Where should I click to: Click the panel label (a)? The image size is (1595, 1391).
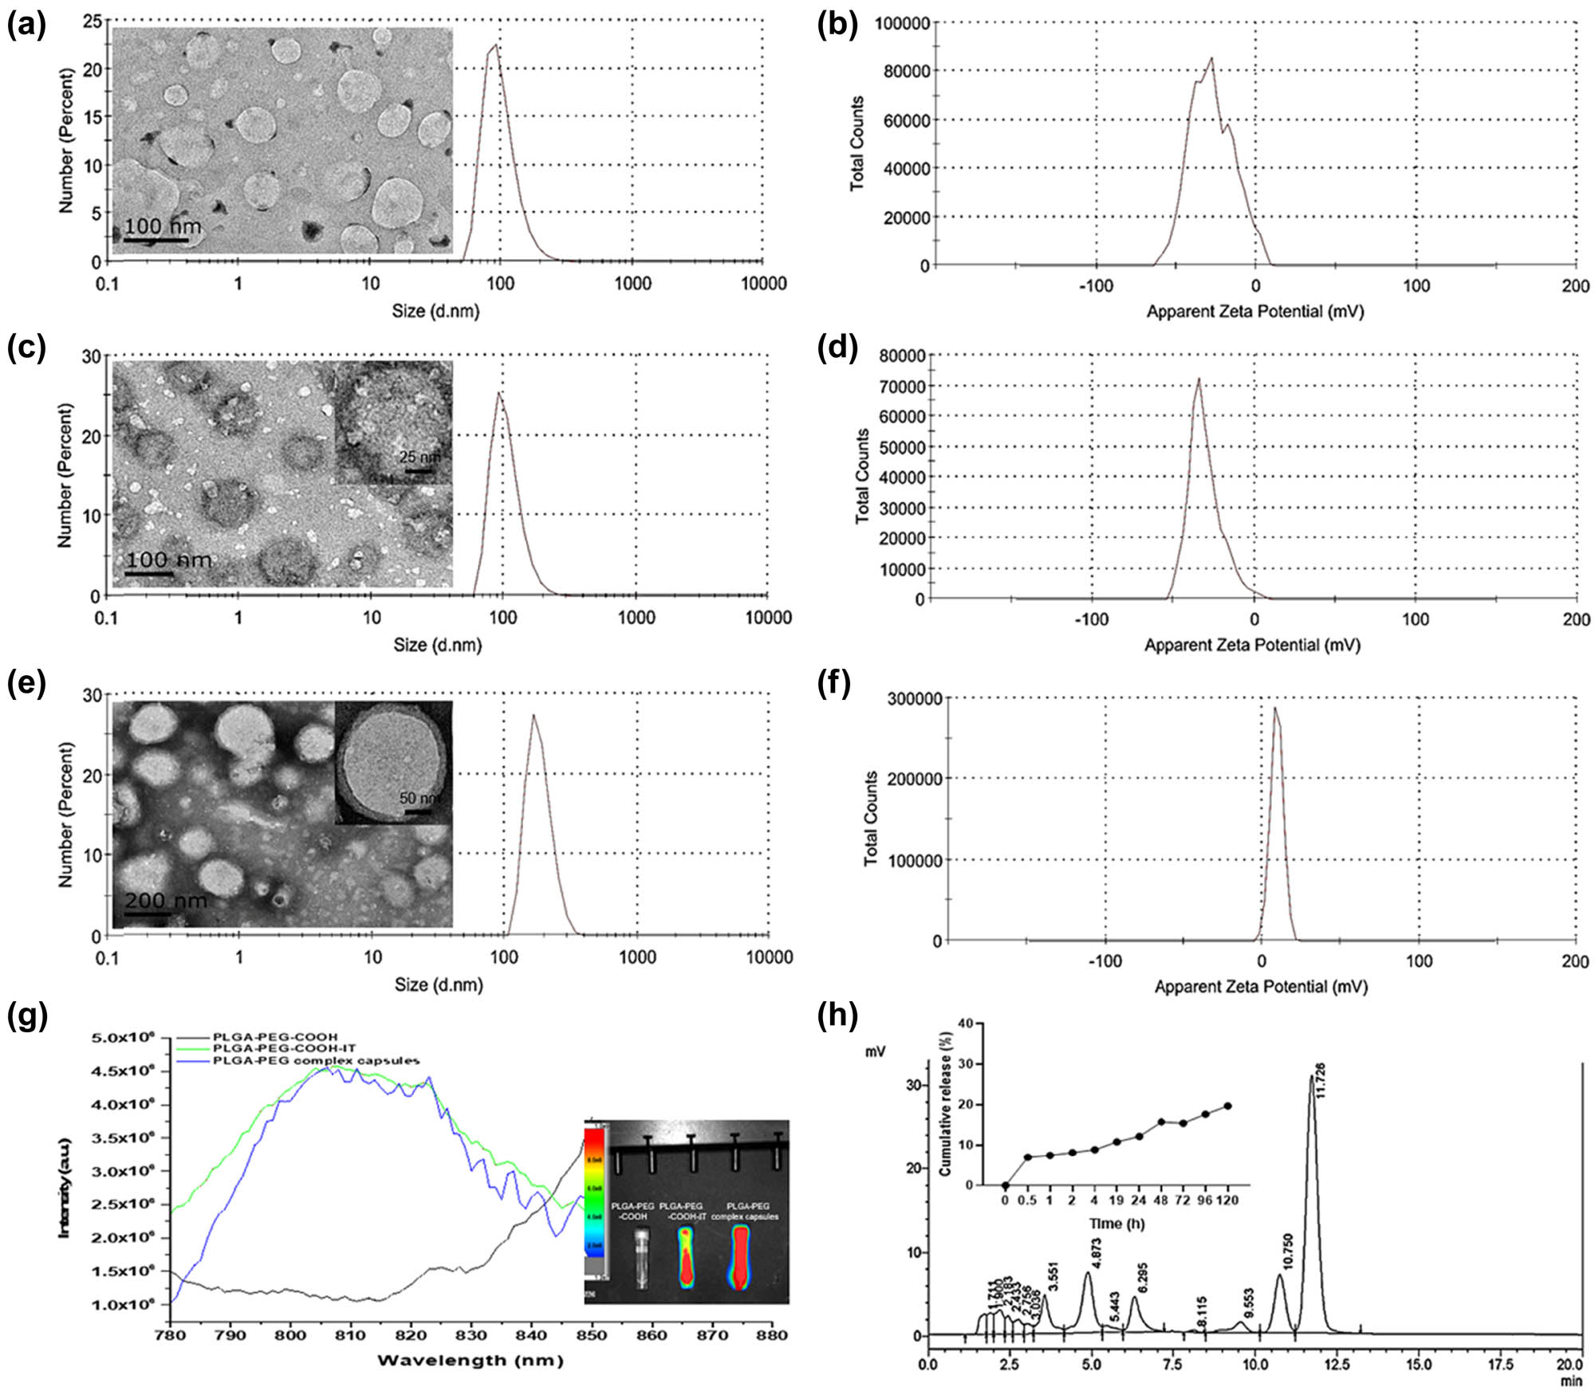pos(26,26)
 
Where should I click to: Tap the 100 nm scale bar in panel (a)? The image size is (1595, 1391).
pos(156,240)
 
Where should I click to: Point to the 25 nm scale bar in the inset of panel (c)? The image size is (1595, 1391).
pos(419,471)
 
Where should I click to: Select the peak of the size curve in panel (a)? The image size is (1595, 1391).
pos(496,45)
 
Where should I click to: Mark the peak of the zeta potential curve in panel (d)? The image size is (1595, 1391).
pos(1198,379)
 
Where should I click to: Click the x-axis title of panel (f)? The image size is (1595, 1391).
pos(1260,987)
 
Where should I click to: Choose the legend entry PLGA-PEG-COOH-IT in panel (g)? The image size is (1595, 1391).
pos(284,1048)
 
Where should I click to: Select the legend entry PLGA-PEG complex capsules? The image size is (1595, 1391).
pos(315,1060)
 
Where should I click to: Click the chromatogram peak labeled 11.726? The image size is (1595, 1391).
pos(1311,1078)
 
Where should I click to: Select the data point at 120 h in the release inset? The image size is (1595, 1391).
pos(1227,1106)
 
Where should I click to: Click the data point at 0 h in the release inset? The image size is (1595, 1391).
pos(1005,1185)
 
